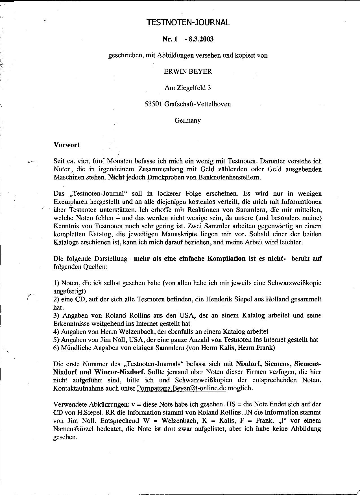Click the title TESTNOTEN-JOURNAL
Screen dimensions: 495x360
pyautogui.click(x=188, y=22)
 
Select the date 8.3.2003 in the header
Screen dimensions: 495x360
pyautogui.click(x=201, y=39)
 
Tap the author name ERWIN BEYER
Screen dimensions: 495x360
pyautogui.click(x=188, y=71)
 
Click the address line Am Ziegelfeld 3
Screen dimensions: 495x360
pyautogui.click(x=188, y=88)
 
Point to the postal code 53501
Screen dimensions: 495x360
pyautogui.click(x=153, y=104)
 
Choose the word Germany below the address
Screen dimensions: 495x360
pyautogui.click(x=188, y=121)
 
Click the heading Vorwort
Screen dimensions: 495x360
pyautogui.click(x=66, y=145)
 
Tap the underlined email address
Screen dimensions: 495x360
pyautogui.click(x=181, y=388)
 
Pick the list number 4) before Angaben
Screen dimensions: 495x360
pyautogui.click(x=56, y=332)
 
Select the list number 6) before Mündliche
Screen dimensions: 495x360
pyautogui.click(x=56, y=348)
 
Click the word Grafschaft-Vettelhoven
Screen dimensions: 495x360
pyautogui.click(x=197, y=104)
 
